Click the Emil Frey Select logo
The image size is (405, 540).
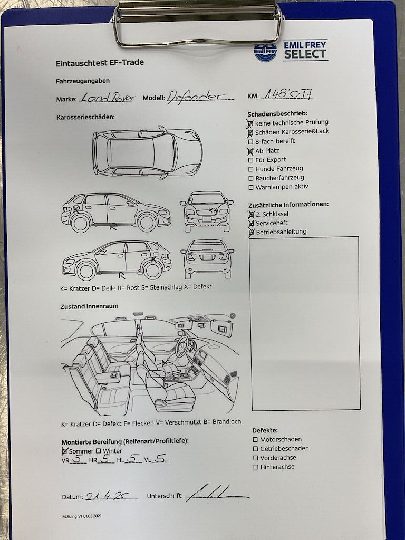point(291,51)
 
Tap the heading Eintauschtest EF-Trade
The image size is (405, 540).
point(100,63)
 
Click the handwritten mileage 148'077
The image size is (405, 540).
point(288,93)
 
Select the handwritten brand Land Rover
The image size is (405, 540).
point(107,98)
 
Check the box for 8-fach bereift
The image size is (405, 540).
point(250,141)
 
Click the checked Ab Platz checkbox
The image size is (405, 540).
point(250,151)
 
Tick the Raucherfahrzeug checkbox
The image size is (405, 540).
point(250,178)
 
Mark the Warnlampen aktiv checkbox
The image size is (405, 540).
point(250,188)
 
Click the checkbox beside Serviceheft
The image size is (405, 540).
point(252,224)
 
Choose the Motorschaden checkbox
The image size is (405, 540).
point(255,440)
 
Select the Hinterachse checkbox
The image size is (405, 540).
point(256,467)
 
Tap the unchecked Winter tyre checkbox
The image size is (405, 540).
point(99,451)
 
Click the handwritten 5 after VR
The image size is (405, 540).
point(78,458)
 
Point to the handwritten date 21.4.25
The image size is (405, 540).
point(107,496)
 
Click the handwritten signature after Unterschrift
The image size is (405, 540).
point(216,493)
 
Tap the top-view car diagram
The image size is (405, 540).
point(148,152)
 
